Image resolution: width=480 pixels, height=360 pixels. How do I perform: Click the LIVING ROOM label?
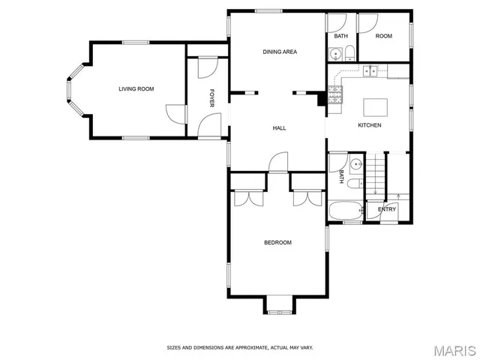click(136, 89)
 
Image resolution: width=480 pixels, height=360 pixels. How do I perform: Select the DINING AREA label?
click(280, 52)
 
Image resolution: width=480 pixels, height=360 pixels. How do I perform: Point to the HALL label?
click(278, 128)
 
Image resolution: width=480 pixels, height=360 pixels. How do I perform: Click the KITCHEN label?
click(369, 124)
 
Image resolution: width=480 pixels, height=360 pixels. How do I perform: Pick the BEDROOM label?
click(277, 242)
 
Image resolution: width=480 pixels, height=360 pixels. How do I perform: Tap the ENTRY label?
click(386, 209)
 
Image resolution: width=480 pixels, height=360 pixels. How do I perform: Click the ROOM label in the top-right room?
click(383, 36)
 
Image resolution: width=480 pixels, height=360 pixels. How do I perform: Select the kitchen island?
click(374, 106)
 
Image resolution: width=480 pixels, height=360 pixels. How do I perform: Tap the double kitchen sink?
click(370, 71)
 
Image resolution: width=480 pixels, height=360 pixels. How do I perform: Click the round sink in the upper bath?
click(334, 52)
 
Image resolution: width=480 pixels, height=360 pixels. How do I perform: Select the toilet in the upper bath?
click(349, 52)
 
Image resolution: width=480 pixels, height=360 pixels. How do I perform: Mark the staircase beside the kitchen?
click(375, 172)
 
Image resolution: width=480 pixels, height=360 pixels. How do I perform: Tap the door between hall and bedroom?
click(278, 162)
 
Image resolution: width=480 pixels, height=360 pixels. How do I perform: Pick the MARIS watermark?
click(454, 349)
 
